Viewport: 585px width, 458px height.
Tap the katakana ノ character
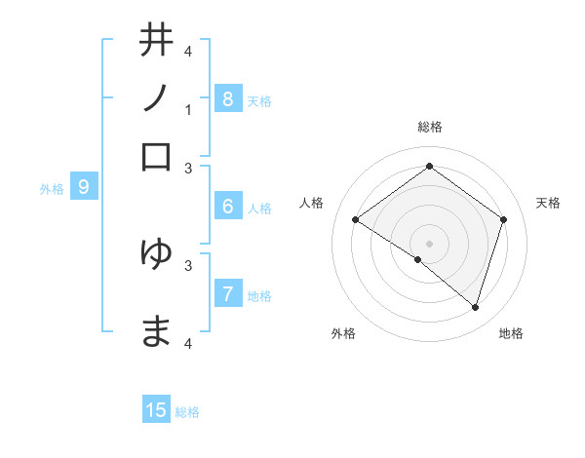point(157,98)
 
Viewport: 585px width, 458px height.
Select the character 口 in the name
point(157,157)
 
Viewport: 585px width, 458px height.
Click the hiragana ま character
point(157,331)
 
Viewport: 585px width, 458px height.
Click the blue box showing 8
point(227,98)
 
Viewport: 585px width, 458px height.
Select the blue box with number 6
point(227,207)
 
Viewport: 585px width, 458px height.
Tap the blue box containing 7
point(227,294)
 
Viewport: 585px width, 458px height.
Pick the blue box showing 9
point(84,187)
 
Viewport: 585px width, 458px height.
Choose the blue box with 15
point(157,410)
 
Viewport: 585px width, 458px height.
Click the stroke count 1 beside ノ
point(188,110)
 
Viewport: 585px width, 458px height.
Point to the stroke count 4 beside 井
point(188,51)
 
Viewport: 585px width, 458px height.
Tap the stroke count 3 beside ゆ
point(188,264)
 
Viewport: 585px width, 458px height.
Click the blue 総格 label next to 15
point(187,412)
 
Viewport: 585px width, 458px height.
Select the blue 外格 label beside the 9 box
point(52,189)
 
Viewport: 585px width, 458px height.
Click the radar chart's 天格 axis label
point(548,203)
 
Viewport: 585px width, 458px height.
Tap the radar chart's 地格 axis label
point(511,333)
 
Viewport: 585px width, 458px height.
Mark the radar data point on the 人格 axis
point(356,220)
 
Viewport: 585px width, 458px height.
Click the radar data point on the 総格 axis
point(429,167)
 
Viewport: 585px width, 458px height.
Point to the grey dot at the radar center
point(429,243)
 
